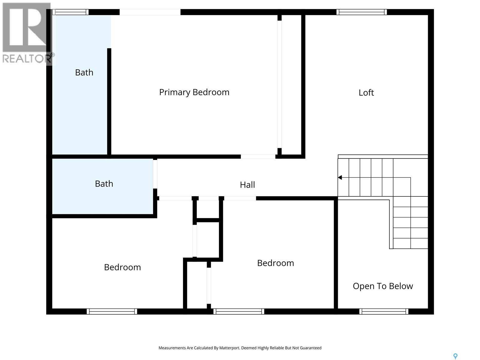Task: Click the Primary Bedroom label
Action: click(194, 92)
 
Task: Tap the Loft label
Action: click(366, 92)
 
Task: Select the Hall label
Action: click(247, 185)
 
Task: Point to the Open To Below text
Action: click(383, 286)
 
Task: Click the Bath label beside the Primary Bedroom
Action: click(84, 72)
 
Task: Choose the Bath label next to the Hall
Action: click(104, 184)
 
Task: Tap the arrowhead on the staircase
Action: click(340, 178)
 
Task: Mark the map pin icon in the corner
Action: click(455, 356)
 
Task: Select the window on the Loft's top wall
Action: click(361, 12)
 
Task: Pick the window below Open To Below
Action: click(384, 311)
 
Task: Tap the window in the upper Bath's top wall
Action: click(70, 12)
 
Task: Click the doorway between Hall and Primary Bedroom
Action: click(258, 156)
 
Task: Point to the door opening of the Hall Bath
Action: click(155, 174)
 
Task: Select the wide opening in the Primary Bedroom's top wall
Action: click(150, 12)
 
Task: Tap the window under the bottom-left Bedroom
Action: click(112, 311)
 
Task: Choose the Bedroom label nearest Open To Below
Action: click(275, 263)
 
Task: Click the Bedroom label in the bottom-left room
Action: click(122, 267)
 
